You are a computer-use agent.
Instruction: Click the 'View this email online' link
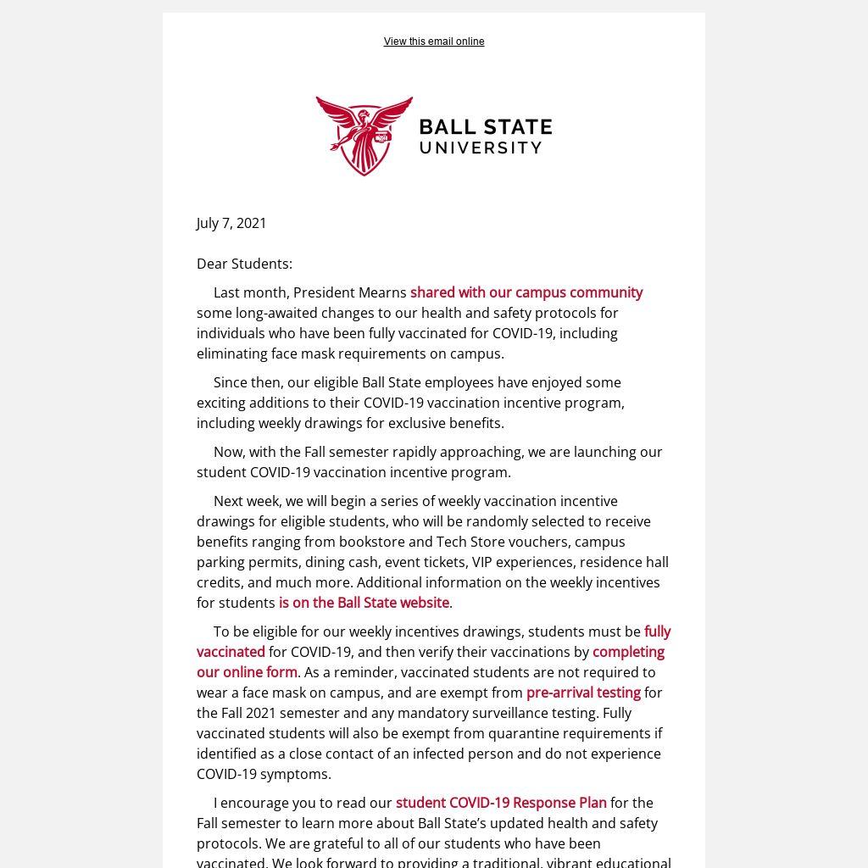pyautogui.click(x=434, y=42)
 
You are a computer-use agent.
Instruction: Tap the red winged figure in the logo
pyautogui.click(x=364, y=135)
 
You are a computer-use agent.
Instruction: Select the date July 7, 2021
pyautogui.click(x=231, y=223)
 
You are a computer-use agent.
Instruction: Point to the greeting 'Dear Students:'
pyautogui.click(x=244, y=264)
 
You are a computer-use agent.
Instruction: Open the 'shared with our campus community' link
pyautogui.click(x=526, y=292)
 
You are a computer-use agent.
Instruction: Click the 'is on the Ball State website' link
pyautogui.click(x=364, y=603)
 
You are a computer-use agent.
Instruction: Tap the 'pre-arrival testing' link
pyautogui.click(x=583, y=693)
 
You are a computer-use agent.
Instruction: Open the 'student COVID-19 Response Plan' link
pyautogui.click(x=501, y=803)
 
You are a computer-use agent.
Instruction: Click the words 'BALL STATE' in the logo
pyautogui.click(x=486, y=128)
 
